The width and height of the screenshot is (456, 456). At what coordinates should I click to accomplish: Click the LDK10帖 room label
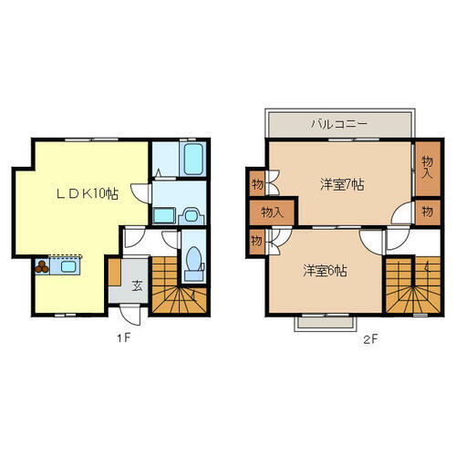[x=88, y=192]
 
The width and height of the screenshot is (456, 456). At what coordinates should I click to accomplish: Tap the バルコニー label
[x=338, y=122]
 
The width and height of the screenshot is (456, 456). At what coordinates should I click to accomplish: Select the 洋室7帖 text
[x=341, y=184]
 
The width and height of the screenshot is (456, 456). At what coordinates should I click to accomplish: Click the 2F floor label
[x=368, y=339]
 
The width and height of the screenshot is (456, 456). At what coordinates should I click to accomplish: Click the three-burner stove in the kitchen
[x=44, y=268]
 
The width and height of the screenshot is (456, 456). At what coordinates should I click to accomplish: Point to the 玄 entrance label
[x=136, y=285]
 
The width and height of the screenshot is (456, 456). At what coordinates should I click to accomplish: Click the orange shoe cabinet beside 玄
[x=115, y=273]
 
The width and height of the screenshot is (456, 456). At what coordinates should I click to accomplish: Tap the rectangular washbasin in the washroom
[x=165, y=215]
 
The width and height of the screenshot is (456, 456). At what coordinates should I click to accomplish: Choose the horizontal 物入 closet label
[x=271, y=212]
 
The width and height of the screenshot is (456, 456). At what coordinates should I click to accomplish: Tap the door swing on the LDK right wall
[x=139, y=192]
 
